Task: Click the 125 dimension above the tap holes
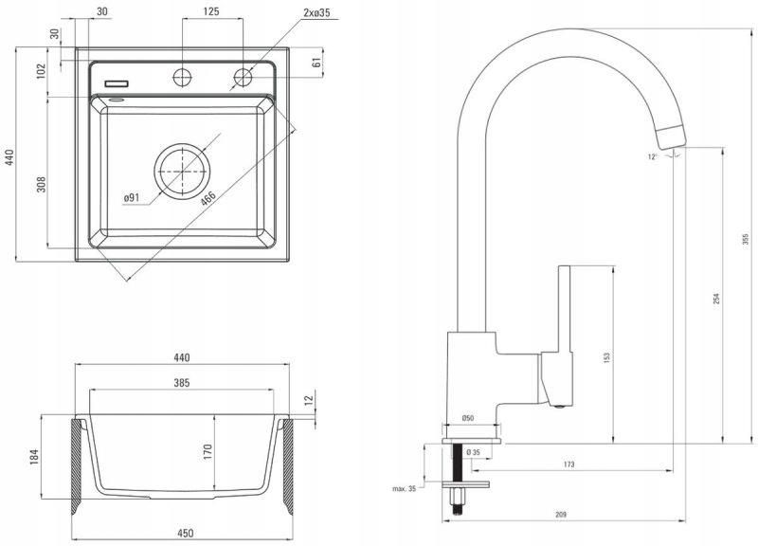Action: [211, 11]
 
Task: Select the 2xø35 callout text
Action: [316, 12]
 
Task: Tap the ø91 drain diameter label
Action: [132, 197]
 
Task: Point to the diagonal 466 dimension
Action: [208, 199]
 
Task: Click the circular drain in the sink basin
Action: [182, 171]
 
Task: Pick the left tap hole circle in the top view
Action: [182, 78]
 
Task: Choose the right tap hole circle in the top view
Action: [244, 78]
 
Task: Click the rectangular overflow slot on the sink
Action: [117, 83]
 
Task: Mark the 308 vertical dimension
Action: [41, 184]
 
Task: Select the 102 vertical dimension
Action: [41, 71]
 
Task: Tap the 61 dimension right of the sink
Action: [316, 62]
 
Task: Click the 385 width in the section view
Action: [182, 383]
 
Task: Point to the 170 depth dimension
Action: [208, 452]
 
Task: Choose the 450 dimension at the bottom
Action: [185, 533]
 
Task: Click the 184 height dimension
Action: [34, 457]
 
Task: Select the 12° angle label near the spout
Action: [653, 156]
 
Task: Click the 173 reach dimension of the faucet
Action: [569, 464]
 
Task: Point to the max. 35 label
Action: [405, 488]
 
